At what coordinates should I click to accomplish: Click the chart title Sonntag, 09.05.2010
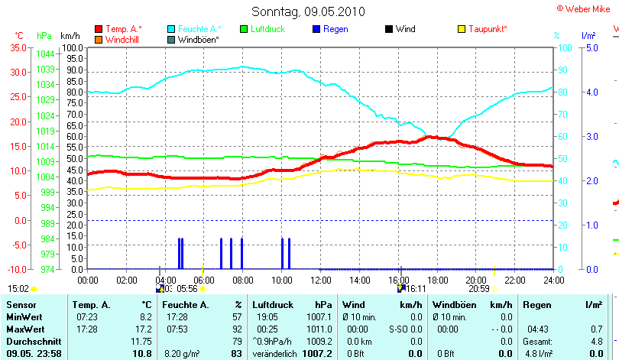point(309,11)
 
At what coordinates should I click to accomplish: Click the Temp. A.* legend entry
point(123,29)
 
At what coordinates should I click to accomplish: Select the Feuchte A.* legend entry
point(200,29)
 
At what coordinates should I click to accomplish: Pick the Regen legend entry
point(338,29)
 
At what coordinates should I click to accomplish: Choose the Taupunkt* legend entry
point(488,29)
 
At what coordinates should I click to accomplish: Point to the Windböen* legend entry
point(198,39)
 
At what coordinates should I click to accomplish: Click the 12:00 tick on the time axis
point(320,280)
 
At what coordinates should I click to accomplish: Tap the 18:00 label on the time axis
point(437,280)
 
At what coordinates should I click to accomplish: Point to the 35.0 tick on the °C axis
point(18,47)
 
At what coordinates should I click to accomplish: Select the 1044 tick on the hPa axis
point(45,54)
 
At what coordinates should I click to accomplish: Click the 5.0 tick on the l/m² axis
point(591,47)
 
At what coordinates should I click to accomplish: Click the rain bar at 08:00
point(241,253)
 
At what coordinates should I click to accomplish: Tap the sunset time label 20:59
point(478,289)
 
